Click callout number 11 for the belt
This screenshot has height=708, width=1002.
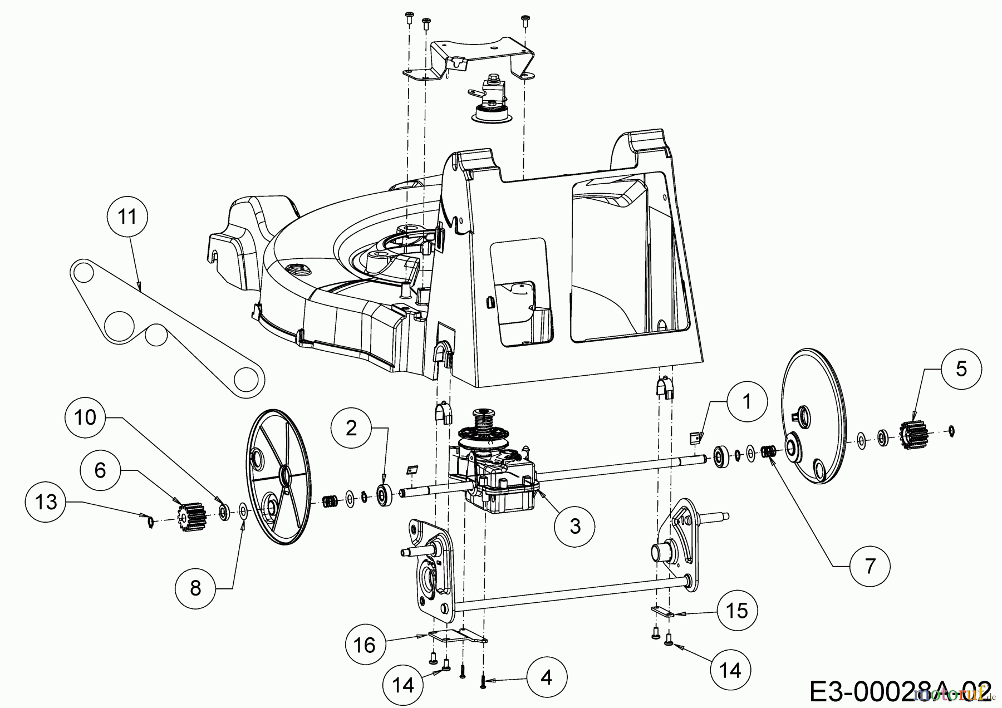point(128,217)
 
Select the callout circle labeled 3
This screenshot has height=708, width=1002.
point(575,525)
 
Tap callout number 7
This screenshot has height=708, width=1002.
point(870,566)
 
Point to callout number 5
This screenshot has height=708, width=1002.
point(961,370)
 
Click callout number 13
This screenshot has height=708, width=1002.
point(46,502)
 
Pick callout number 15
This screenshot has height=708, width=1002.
point(737,611)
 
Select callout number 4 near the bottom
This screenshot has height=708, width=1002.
point(547,677)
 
